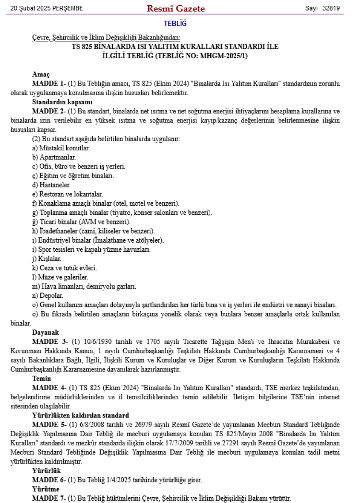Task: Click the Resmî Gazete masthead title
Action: tap(176, 8)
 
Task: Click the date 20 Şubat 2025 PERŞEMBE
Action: tap(47, 8)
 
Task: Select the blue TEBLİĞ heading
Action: tap(175, 23)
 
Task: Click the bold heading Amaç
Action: tap(41, 74)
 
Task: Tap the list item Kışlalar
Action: tap(48, 259)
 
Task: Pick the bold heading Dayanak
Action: tap(45, 332)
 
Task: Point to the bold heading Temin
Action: tap(42, 379)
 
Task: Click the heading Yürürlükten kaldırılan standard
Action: tap(80, 415)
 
